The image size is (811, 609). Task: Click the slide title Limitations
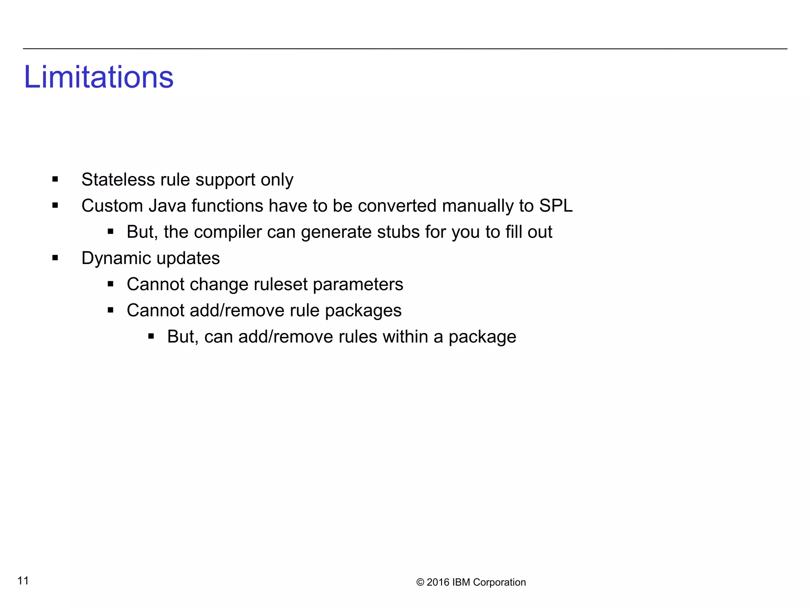(x=99, y=77)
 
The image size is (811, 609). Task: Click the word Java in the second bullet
(x=167, y=206)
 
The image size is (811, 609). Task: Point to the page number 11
(x=23, y=580)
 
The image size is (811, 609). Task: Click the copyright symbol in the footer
(x=420, y=582)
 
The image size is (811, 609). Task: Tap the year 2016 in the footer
(x=438, y=582)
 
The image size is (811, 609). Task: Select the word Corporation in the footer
(x=499, y=582)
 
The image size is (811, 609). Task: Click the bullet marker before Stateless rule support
(x=55, y=180)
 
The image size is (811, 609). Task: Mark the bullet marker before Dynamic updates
(x=55, y=258)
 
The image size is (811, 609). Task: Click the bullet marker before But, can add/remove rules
(x=151, y=337)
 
